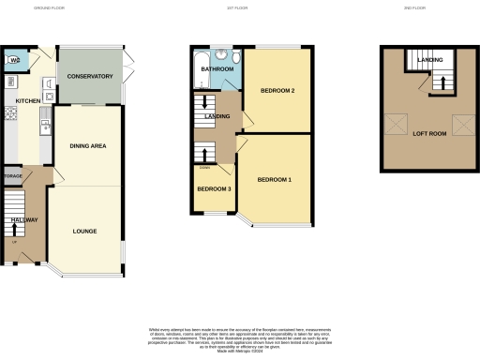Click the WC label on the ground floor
[x=13, y=62]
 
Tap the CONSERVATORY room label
[x=90, y=76]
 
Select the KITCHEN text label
[x=27, y=98]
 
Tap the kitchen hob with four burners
[x=12, y=113]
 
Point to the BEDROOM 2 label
[x=278, y=90]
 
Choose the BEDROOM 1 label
[x=275, y=179]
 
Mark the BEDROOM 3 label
[x=213, y=188]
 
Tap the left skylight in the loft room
[x=396, y=123]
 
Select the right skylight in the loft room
[x=463, y=123]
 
